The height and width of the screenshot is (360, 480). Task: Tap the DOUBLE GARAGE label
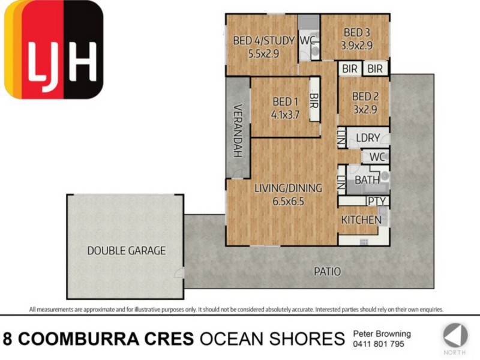pos(126,251)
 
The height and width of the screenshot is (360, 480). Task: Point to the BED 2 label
pos(364,96)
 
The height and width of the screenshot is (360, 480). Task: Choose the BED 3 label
pos(356,32)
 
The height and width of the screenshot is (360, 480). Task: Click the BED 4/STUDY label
pos(264,41)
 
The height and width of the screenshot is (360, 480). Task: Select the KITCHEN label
pos(361,220)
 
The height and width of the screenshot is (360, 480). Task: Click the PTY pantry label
pos(376,201)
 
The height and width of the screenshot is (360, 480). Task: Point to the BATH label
pos(367,179)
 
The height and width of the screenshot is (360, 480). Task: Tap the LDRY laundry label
pos(368,138)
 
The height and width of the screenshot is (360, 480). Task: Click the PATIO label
pos(328,271)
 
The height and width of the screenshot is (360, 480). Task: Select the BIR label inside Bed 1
pos(313,101)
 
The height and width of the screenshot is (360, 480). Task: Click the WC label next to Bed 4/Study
pos(307,41)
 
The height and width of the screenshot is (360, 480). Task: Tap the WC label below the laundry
pos(377,157)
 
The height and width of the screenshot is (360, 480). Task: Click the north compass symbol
pos(455,335)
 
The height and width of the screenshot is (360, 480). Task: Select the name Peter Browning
pos(382,334)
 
